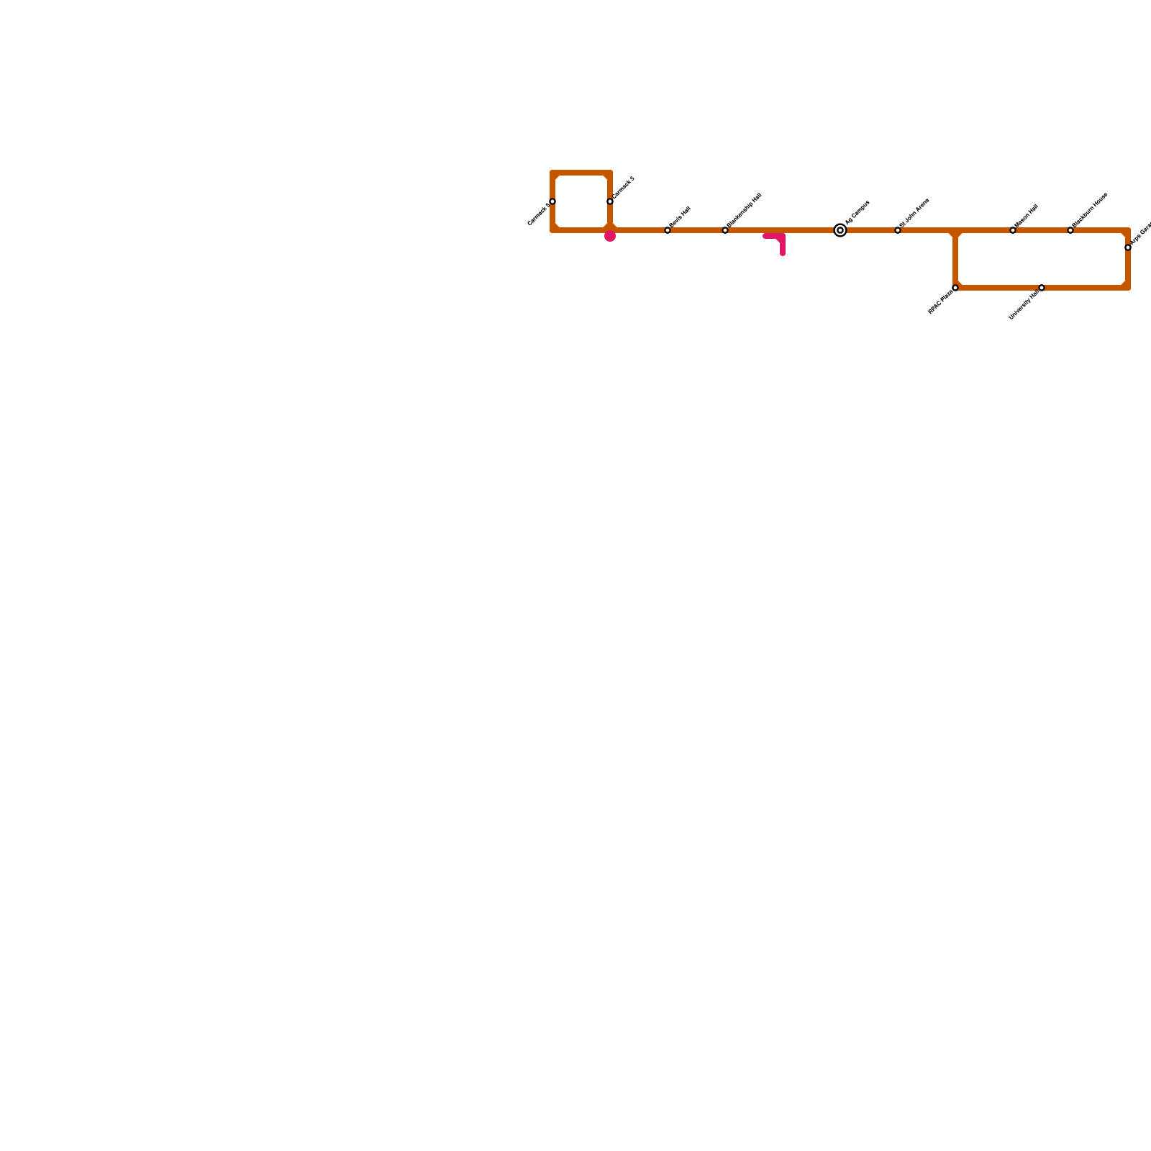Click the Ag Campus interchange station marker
[840, 230]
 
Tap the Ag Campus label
[857, 213]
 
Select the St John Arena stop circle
[898, 230]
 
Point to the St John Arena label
[914, 213]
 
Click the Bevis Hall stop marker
[668, 230]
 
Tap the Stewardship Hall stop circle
[725, 230]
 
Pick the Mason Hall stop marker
[1013, 230]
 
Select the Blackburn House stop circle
[1070, 230]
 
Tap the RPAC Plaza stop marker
[955, 288]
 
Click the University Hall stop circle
[1042, 288]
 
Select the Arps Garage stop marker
[1128, 247]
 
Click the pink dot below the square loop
[610, 236]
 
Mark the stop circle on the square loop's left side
[552, 201]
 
